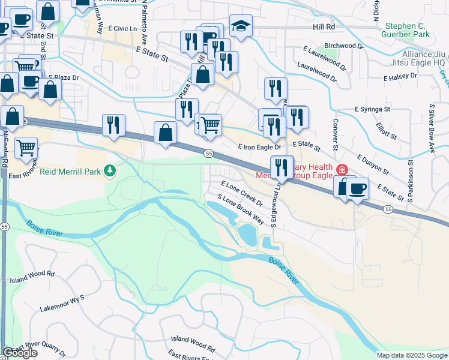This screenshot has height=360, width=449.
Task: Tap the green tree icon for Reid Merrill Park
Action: pyautogui.click(x=109, y=172)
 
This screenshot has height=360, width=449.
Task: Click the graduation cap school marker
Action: pyautogui.click(x=241, y=26)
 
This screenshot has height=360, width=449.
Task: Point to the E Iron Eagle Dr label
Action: pyautogui.click(x=259, y=146)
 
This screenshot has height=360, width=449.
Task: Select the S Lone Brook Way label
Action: pyautogui.click(x=241, y=209)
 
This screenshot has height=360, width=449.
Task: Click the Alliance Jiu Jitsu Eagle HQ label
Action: pyautogui.click(x=415, y=58)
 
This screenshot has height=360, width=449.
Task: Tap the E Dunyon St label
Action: pyautogui.click(x=373, y=165)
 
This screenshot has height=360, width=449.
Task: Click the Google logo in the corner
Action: pyautogui.click(x=20, y=353)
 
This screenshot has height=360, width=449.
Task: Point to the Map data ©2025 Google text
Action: pyautogui.click(x=411, y=355)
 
